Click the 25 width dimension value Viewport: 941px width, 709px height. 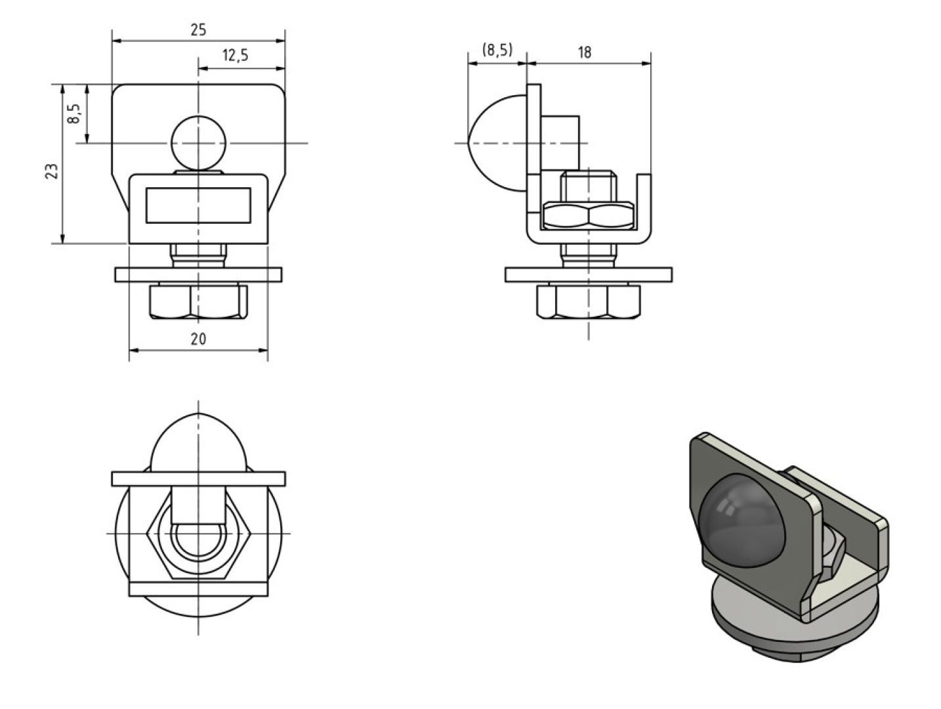pyautogui.click(x=198, y=30)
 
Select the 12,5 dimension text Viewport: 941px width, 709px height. pyautogui.click(x=235, y=55)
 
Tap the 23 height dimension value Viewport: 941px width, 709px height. pyautogui.click(x=51, y=171)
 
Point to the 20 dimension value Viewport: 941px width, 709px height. pyautogui.click(x=198, y=339)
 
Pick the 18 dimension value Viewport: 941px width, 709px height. pyautogui.click(x=584, y=53)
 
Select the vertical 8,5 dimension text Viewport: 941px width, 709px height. pyautogui.click(x=73, y=114)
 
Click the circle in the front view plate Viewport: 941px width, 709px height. pyautogui.click(x=198, y=143)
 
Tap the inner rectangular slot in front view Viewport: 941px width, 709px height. pyautogui.click(x=198, y=205)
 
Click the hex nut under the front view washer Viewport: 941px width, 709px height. pyautogui.click(x=198, y=301)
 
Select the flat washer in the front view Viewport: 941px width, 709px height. pyautogui.click(x=198, y=275)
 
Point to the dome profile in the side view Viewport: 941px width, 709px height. pyautogui.click(x=497, y=143)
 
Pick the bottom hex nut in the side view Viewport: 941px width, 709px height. pyautogui.click(x=588, y=301)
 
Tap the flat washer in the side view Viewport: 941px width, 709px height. pyautogui.click(x=588, y=275)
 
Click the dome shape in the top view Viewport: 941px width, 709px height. pyautogui.click(x=198, y=442)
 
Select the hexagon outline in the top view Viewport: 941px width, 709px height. pyautogui.click(x=148, y=534)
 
